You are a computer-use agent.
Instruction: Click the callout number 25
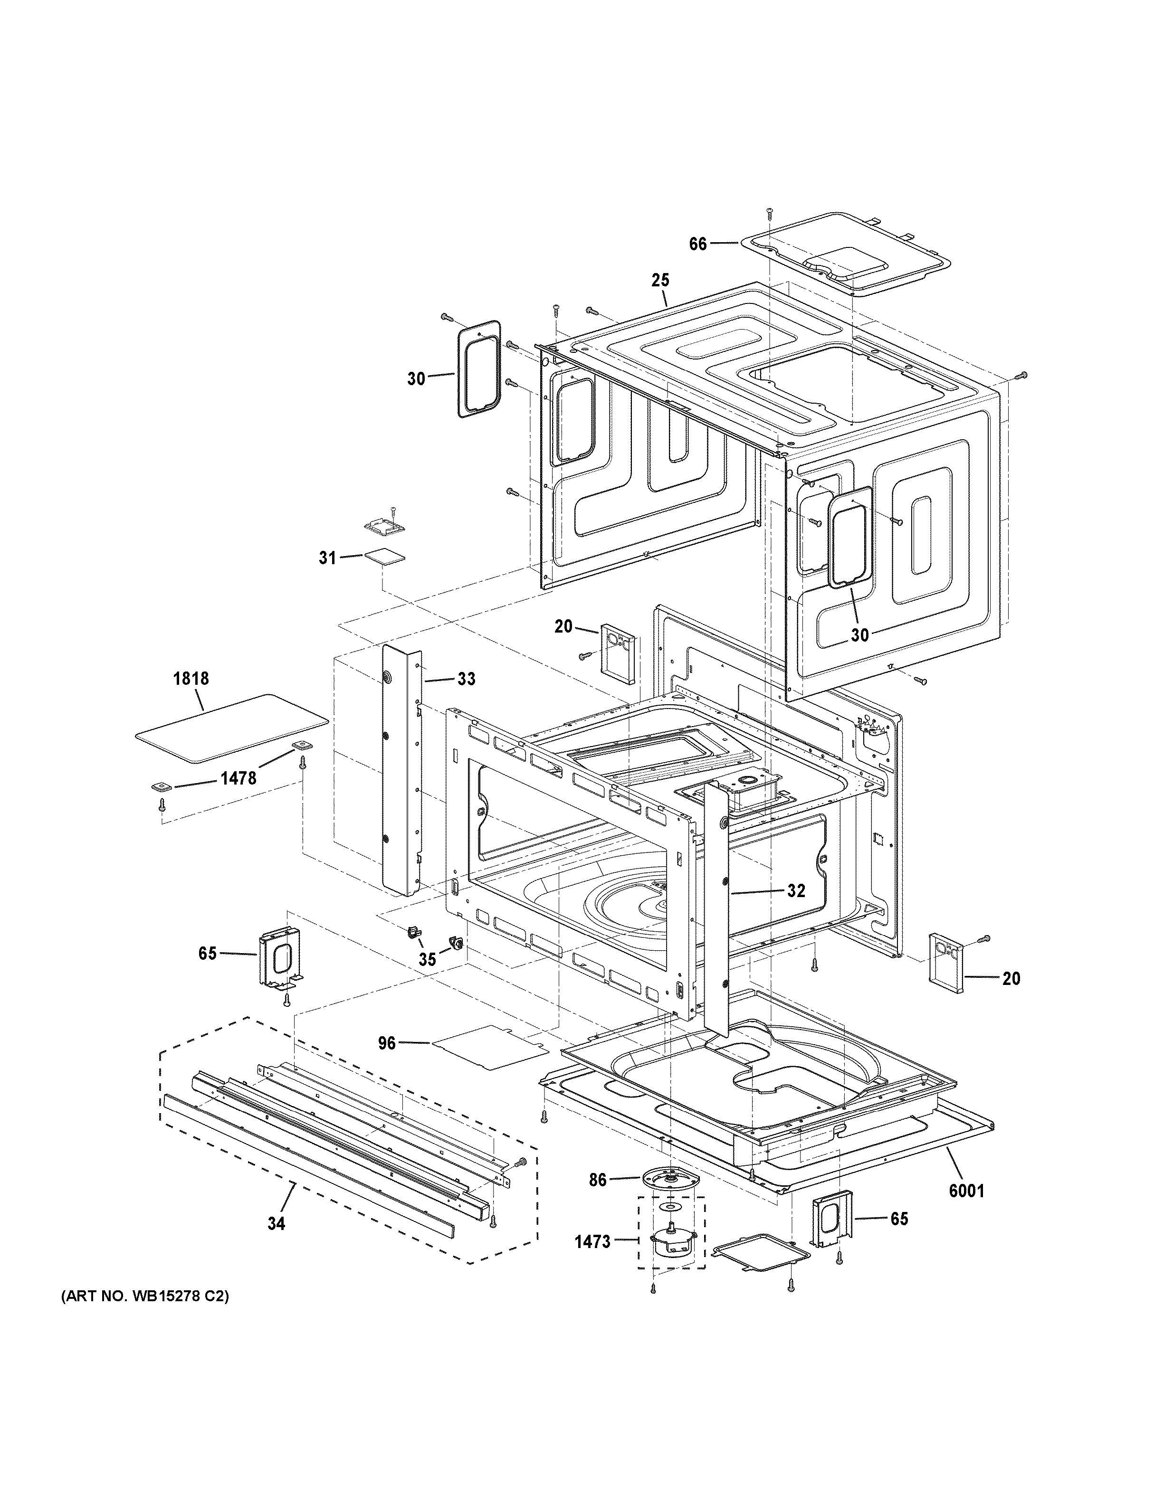(x=660, y=280)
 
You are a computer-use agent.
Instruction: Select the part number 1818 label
(x=191, y=678)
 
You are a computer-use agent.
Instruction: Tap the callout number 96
(x=387, y=1062)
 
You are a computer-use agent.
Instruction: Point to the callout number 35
(x=427, y=959)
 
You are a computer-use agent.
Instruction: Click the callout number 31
(x=327, y=558)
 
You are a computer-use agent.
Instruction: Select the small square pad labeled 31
(x=384, y=557)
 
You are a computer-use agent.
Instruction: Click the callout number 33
(x=466, y=679)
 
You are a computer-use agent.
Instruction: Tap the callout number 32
(x=795, y=890)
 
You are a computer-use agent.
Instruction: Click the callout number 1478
(x=239, y=778)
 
